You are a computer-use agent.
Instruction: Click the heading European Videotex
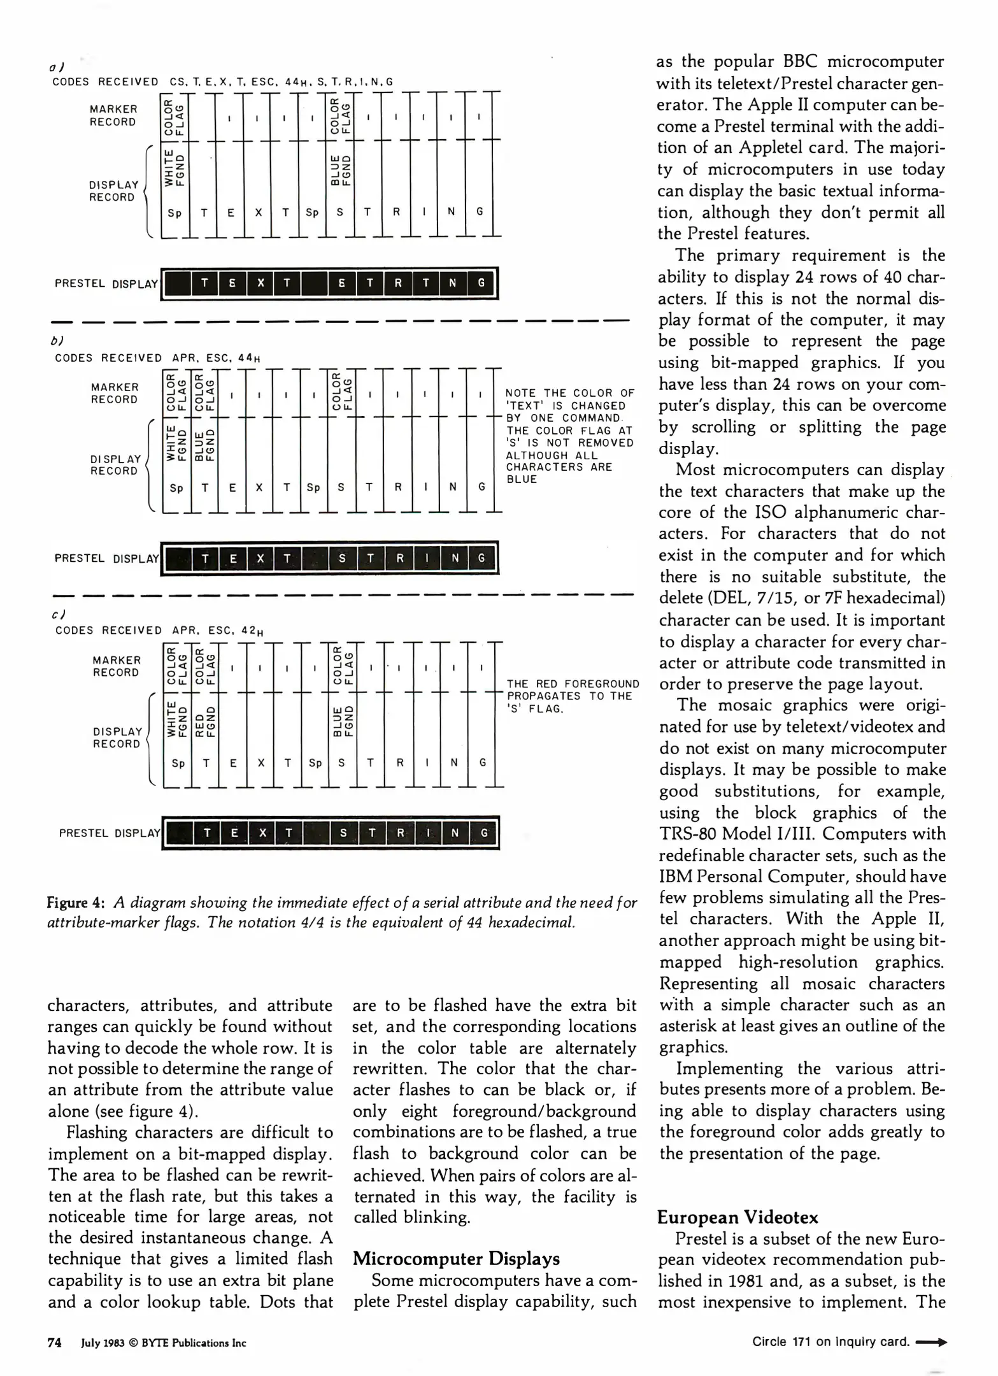coord(737,1217)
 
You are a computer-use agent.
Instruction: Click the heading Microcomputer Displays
coord(456,1259)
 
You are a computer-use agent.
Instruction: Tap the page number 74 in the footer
coord(54,1343)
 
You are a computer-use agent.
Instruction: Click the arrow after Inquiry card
coord(930,1342)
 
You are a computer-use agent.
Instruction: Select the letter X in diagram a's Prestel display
coord(260,283)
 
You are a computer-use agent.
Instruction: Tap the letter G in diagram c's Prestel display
coord(484,833)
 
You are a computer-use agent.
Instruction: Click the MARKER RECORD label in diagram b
coord(114,393)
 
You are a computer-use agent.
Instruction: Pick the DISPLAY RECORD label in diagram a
coord(113,191)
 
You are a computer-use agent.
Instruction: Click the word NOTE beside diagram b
coord(521,393)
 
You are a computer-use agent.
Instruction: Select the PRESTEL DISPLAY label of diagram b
coord(106,559)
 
